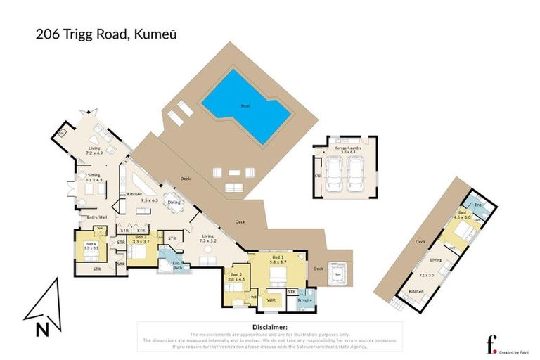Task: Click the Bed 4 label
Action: (91, 244)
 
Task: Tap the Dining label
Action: (173, 203)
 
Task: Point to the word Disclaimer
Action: (269, 328)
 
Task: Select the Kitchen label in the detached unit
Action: (416, 290)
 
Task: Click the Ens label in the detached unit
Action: (478, 205)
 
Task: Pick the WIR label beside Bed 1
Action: (270, 300)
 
